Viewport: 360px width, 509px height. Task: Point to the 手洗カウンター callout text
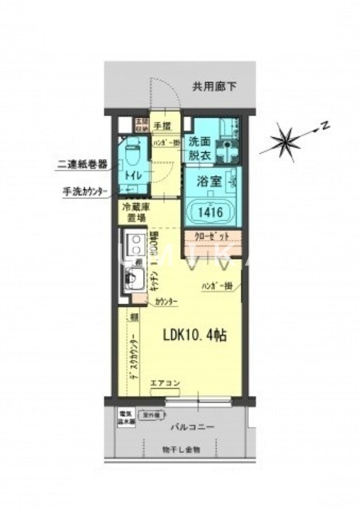[x=85, y=191]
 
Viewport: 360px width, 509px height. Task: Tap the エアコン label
[x=164, y=383]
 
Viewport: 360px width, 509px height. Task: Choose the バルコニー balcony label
[x=191, y=427]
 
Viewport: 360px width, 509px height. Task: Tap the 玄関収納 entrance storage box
[x=140, y=125]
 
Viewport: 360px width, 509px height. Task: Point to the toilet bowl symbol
[x=132, y=154]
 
